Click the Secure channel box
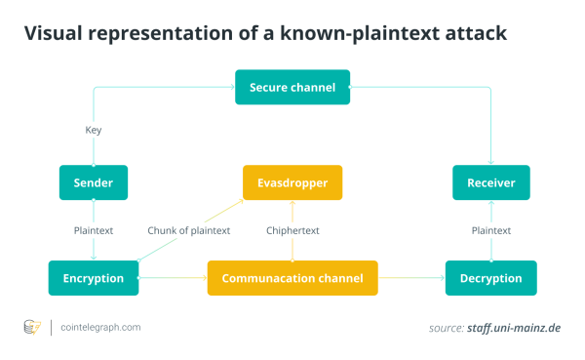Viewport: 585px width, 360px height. (x=292, y=88)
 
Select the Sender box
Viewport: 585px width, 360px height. (x=94, y=182)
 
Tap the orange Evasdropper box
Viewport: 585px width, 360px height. (x=292, y=182)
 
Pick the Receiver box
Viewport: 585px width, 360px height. (x=490, y=182)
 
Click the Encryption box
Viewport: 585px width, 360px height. (x=94, y=278)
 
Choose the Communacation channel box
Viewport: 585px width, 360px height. (x=292, y=278)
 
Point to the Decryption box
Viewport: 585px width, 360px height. (x=490, y=278)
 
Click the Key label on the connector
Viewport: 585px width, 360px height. (x=94, y=130)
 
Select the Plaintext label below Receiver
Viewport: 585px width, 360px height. (x=491, y=231)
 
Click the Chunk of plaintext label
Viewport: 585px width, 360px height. (x=189, y=231)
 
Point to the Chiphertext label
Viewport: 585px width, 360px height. (x=292, y=231)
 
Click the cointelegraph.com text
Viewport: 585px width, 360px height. (x=100, y=328)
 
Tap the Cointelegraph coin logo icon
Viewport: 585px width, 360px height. (x=31, y=328)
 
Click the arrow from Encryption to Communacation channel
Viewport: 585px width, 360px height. (x=173, y=278)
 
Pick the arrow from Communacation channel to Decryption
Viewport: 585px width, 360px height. (x=410, y=278)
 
